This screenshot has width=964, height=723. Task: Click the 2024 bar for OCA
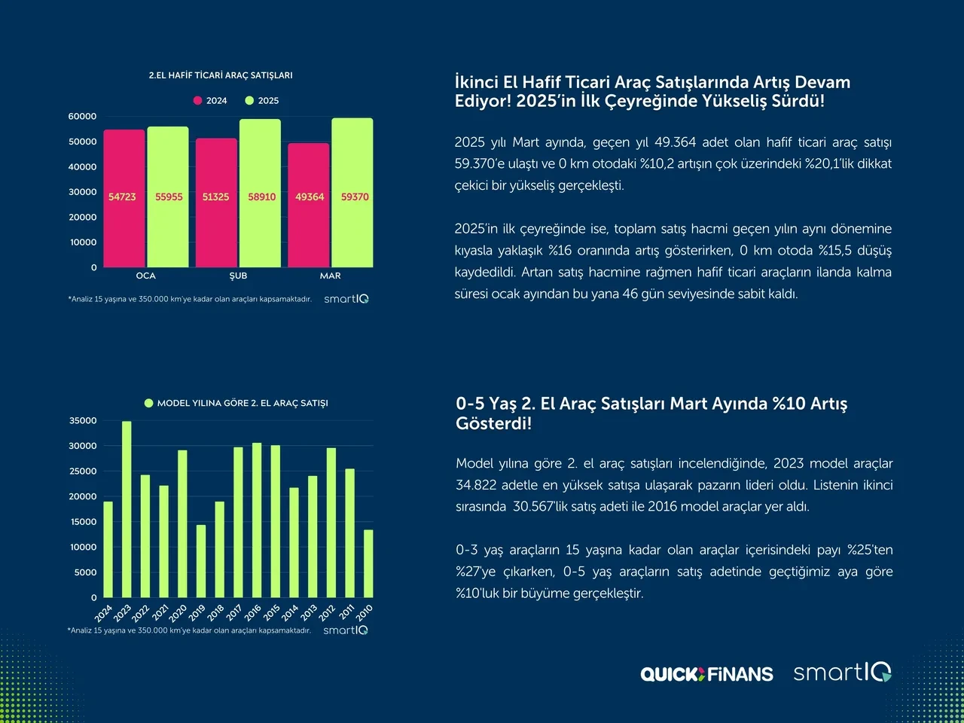click(x=124, y=199)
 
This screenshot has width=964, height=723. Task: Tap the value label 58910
click(x=262, y=197)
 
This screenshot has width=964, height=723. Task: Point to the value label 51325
click(x=215, y=197)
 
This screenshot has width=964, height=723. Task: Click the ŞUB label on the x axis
click(x=238, y=276)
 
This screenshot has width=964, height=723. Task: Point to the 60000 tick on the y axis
click(x=83, y=117)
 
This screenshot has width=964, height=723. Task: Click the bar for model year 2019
click(x=201, y=561)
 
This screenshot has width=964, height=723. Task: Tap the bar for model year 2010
click(x=368, y=563)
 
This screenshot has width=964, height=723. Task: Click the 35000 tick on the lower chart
click(x=83, y=421)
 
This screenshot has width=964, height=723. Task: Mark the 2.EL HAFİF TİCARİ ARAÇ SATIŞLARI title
click(x=221, y=75)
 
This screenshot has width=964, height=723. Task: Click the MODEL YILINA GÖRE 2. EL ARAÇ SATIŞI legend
click(x=236, y=403)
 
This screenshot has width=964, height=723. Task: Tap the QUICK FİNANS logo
click(x=706, y=674)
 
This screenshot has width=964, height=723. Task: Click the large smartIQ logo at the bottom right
click(x=842, y=672)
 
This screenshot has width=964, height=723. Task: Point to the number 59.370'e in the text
click(x=483, y=163)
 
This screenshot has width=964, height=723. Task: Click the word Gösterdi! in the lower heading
click(x=493, y=423)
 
